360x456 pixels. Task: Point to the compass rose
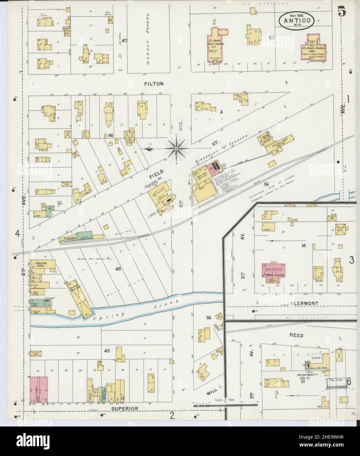click(x=176, y=149)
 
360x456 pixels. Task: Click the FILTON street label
click(x=153, y=84)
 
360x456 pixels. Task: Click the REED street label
click(x=296, y=336)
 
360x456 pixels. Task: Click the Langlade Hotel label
click(x=38, y=264)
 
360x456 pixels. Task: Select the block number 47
click(x=124, y=41)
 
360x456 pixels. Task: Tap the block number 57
click(x=271, y=38)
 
